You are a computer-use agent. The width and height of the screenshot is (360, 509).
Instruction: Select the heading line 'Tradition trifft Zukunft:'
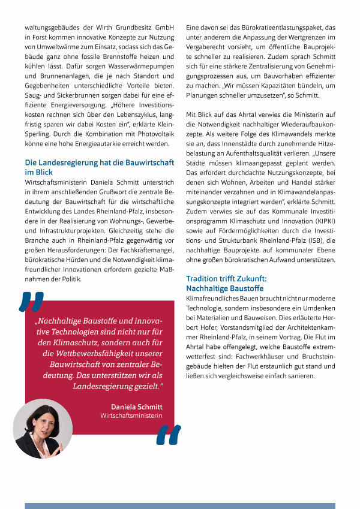(x=226, y=279)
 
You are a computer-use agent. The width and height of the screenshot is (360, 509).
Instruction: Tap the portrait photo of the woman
(x=42, y=429)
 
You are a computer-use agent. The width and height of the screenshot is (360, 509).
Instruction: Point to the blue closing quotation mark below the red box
(x=168, y=436)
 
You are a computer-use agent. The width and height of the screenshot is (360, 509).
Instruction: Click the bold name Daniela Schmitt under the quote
(x=137, y=406)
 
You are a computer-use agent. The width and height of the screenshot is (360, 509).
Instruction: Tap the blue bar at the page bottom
(x=180, y=505)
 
